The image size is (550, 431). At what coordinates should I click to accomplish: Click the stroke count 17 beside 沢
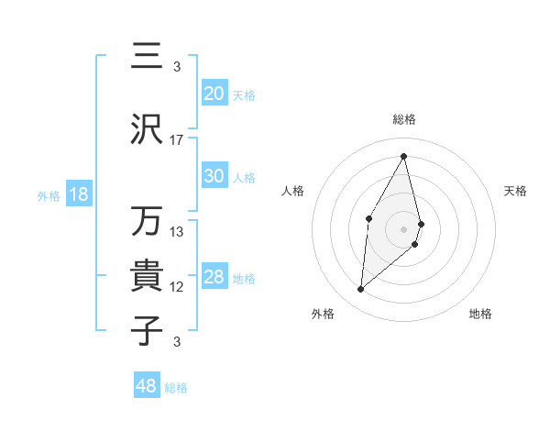177,140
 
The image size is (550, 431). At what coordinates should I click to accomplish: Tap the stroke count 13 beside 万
177,232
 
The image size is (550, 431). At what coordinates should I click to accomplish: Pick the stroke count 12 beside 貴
177,287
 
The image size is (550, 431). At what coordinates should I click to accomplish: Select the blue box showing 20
214,94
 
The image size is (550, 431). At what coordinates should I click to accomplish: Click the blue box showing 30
214,176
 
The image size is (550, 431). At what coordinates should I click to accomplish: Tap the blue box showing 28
214,277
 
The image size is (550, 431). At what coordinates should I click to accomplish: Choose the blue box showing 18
78,194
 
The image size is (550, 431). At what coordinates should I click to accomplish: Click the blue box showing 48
147,386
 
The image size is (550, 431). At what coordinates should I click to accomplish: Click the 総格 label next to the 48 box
176,388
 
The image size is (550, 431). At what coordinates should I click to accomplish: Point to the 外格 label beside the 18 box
49,195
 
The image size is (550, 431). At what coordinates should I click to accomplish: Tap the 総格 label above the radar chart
404,119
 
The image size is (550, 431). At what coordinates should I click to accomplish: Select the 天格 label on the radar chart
516,191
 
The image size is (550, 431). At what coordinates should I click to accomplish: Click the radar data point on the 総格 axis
404,156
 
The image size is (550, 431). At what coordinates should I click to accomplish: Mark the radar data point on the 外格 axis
361,290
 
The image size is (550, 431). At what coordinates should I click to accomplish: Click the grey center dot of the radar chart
404,228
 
